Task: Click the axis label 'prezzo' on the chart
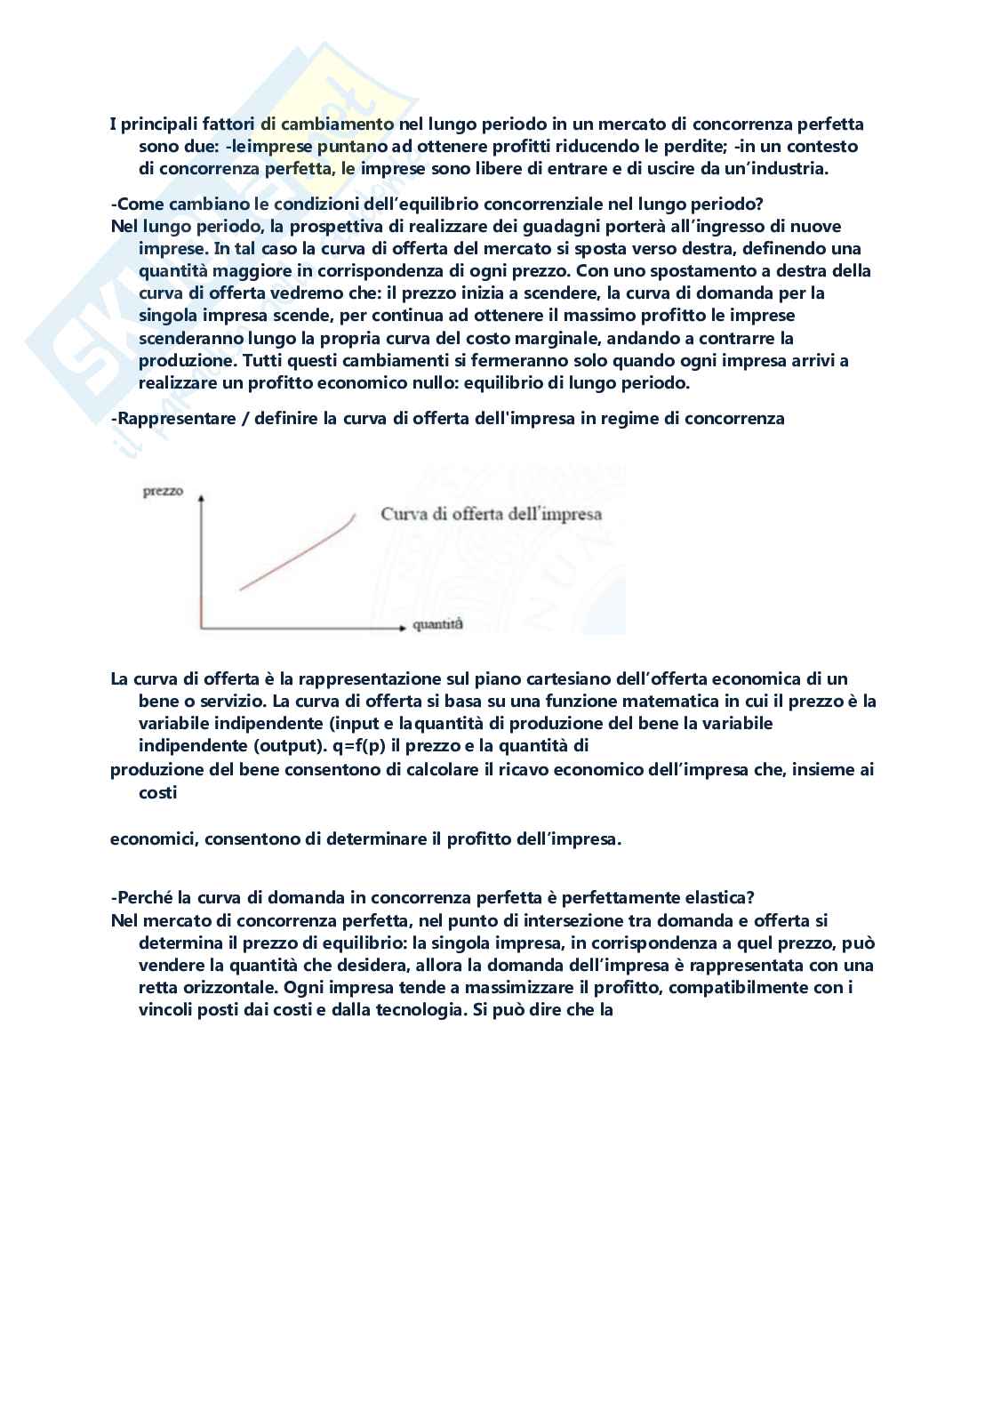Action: click(163, 492)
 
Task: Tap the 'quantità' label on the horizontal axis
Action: click(437, 625)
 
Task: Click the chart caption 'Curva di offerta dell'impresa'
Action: click(491, 514)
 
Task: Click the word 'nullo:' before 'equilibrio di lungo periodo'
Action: click(481, 382)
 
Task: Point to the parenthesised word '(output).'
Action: click(299, 745)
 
